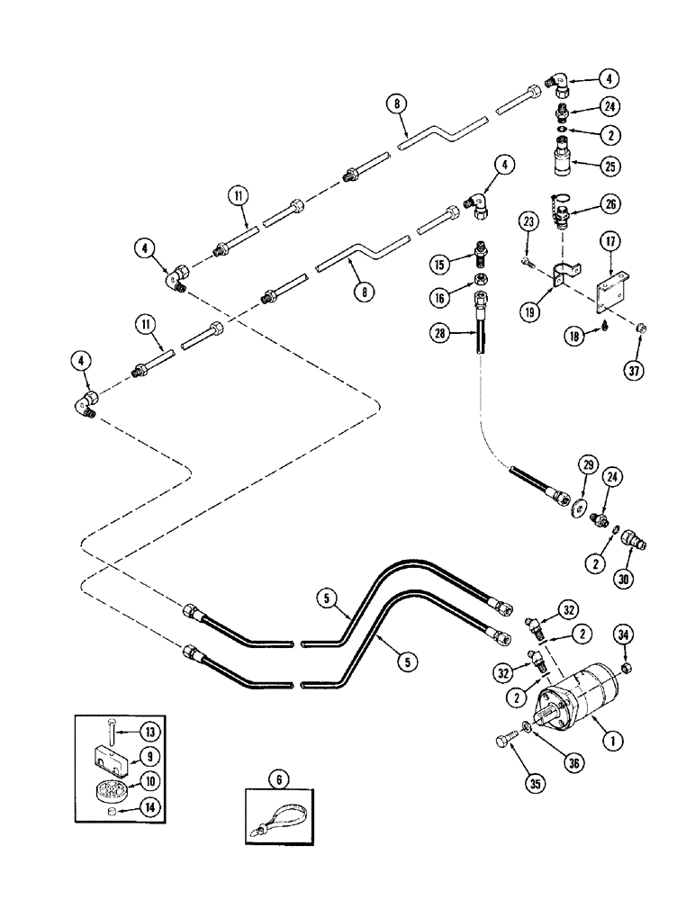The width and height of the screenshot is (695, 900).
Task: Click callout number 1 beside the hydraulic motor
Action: click(614, 742)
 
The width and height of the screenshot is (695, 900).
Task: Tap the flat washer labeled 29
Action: click(573, 505)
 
